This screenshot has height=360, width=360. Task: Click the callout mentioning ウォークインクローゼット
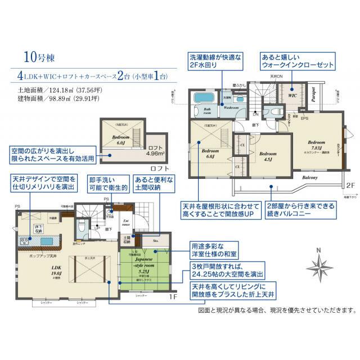(295, 61)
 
